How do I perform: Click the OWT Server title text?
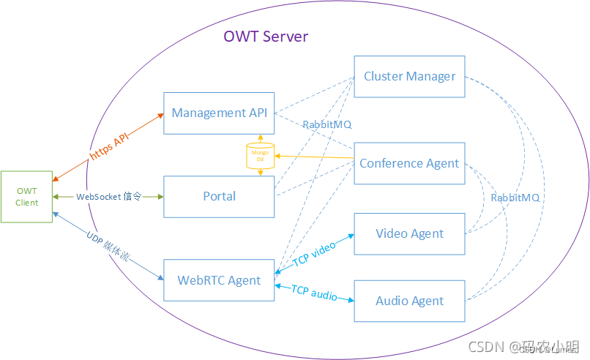click(266, 37)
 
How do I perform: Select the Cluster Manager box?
click(409, 76)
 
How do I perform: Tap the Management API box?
click(219, 113)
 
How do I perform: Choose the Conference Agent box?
click(409, 163)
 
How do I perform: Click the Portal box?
click(219, 196)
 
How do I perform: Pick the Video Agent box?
click(409, 233)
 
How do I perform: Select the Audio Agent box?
click(409, 301)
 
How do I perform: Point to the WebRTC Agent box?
click(219, 280)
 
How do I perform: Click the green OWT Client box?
click(27, 196)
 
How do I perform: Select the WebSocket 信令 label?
click(108, 197)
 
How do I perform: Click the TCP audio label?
click(314, 293)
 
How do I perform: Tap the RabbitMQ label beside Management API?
click(327, 125)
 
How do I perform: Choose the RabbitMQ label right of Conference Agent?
click(515, 198)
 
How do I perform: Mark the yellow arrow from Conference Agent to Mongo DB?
click(315, 158)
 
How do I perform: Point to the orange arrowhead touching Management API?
click(159, 116)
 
